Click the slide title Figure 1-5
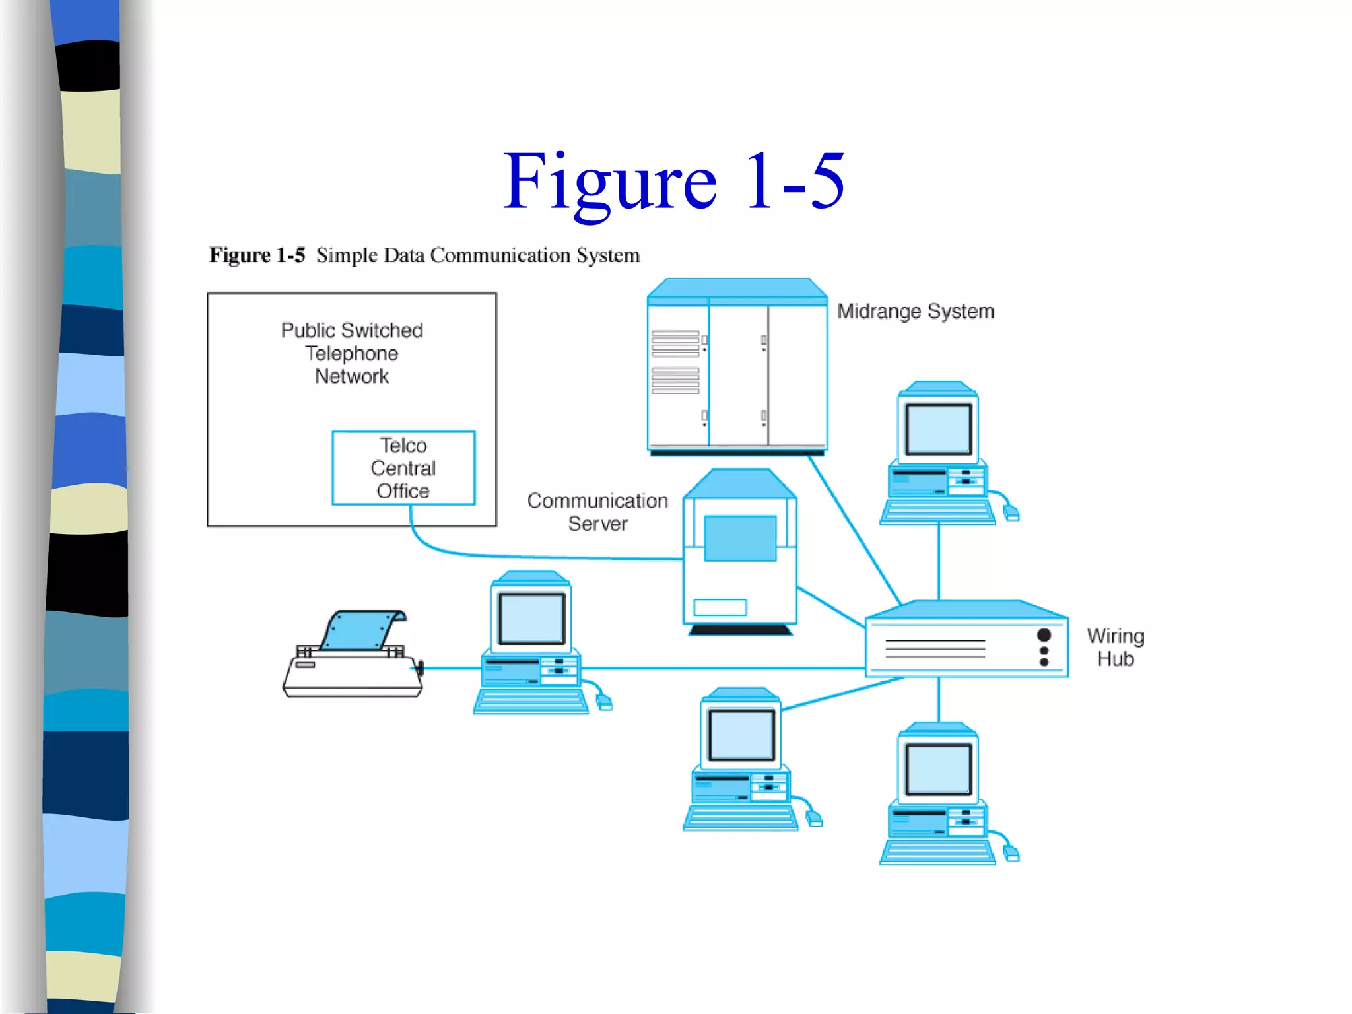click(673, 181)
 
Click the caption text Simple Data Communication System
click(477, 255)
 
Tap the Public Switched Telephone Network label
click(352, 353)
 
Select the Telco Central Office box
click(403, 468)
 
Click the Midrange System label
click(915, 311)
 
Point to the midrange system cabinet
click(737, 370)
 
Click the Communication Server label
click(597, 512)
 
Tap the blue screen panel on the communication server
click(740, 538)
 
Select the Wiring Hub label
click(1115, 648)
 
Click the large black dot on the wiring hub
click(1044, 635)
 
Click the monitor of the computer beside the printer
click(531, 619)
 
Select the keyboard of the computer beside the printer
click(531, 702)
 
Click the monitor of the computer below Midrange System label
click(938, 430)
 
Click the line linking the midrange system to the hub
click(855, 528)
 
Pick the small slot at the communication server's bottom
click(720, 607)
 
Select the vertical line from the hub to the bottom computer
click(938, 700)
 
